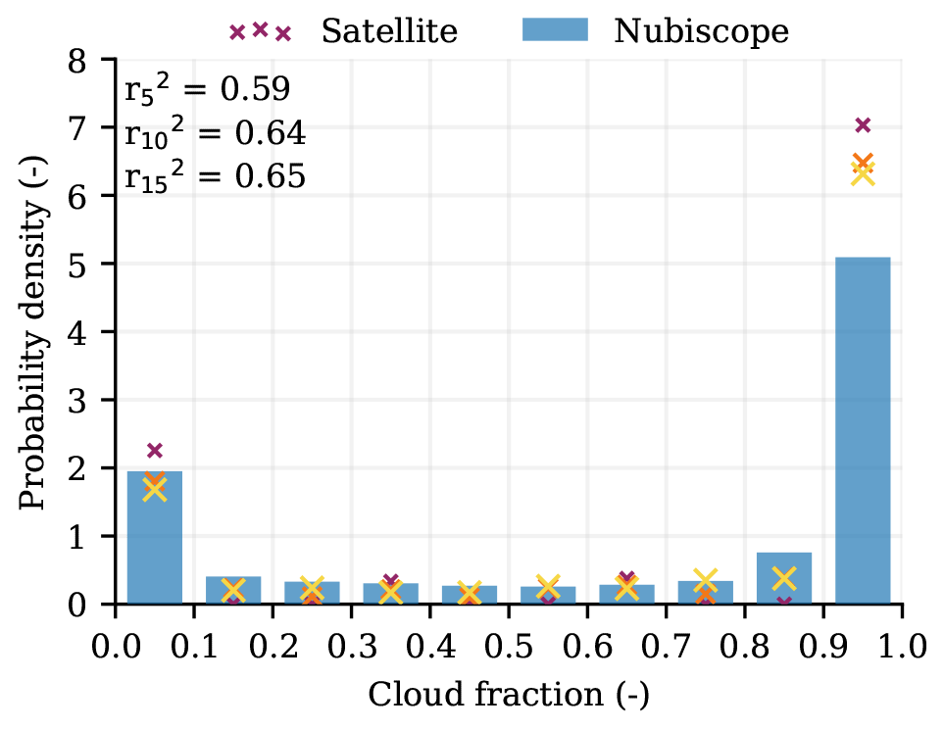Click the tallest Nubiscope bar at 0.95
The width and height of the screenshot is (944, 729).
point(863,431)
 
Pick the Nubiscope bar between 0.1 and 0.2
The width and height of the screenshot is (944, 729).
point(233,591)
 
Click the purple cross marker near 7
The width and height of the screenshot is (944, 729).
point(863,124)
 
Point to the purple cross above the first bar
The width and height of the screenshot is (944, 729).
point(154,451)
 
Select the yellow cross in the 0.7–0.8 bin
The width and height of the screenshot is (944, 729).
point(706,581)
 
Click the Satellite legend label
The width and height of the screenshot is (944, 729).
point(389,31)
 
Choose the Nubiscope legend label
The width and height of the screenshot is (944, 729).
point(701,31)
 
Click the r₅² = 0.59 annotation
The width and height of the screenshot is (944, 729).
point(207,90)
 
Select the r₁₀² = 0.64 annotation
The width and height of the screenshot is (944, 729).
point(215,133)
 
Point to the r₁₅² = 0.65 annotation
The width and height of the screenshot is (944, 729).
point(215,176)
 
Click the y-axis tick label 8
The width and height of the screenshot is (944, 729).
point(98,61)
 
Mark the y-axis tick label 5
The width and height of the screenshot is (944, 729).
point(98,265)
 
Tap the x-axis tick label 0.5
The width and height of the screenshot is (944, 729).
point(508,647)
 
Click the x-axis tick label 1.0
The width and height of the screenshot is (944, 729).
point(902,647)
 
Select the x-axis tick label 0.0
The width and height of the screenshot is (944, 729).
point(116,647)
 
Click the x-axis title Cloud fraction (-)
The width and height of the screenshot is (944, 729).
point(508,697)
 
